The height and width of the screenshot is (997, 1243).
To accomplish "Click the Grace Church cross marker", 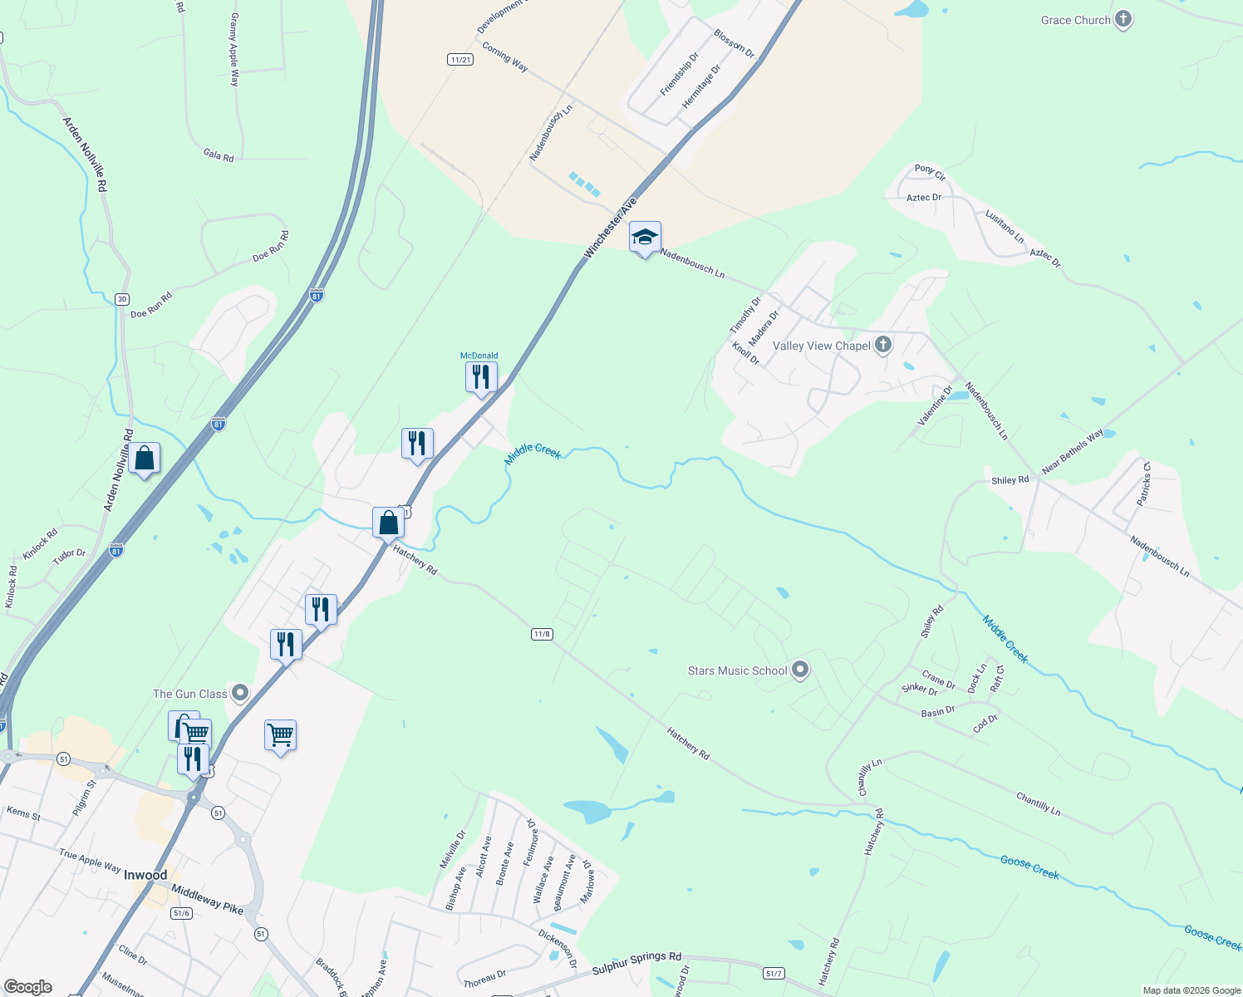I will click(x=1123, y=20).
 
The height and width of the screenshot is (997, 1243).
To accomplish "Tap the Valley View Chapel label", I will click(x=821, y=346).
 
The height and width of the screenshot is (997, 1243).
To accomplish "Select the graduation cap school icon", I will click(x=645, y=238).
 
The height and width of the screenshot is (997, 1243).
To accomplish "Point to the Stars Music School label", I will click(x=737, y=670).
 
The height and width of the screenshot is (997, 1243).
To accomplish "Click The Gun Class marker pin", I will click(x=240, y=693).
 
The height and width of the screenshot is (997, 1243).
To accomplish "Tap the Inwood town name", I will click(x=145, y=875).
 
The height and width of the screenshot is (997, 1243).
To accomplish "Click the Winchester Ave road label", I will click(x=610, y=227).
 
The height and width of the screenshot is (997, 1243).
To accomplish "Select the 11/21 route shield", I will click(x=459, y=60).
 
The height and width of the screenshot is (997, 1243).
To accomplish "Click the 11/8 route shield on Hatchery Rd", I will click(x=542, y=634).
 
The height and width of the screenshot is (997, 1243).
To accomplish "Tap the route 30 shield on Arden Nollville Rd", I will click(x=122, y=299).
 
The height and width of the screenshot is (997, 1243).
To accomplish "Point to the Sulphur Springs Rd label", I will click(x=636, y=964).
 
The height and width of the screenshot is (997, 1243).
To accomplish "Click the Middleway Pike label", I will click(x=207, y=899).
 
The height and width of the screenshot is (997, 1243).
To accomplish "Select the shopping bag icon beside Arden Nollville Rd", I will click(x=144, y=459).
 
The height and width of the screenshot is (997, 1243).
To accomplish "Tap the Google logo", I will click(x=28, y=987).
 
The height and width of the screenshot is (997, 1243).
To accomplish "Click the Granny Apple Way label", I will click(x=234, y=50).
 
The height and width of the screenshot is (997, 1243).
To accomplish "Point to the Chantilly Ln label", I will click(x=1038, y=803).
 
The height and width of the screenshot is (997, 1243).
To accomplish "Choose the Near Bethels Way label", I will click(x=1073, y=451).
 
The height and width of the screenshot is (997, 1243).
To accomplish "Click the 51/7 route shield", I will click(x=774, y=973).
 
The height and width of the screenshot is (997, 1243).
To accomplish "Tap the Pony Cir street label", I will click(x=930, y=172).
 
